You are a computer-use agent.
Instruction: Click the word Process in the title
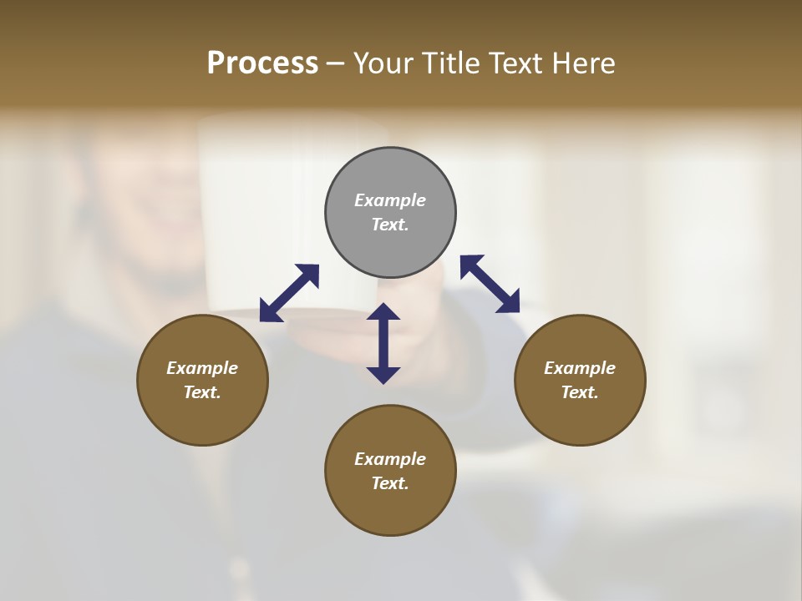[x=262, y=63]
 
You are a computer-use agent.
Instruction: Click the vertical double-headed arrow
[x=383, y=343]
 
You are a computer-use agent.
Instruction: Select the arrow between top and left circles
[x=289, y=293]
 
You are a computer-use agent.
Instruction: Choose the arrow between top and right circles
[x=490, y=284]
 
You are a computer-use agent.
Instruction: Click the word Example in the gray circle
[x=390, y=200]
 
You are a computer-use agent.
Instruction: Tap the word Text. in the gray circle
[x=390, y=225]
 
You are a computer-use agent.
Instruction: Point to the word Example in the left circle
[x=202, y=368]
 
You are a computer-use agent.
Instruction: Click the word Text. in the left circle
[x=202, y=392]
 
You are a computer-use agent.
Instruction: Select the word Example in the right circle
[x=580, y=368]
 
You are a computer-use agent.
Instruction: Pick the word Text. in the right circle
[x=580, y=392]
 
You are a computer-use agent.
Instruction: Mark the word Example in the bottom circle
[x=390, y=459]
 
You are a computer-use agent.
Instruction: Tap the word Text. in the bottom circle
[x=390, y=483]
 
